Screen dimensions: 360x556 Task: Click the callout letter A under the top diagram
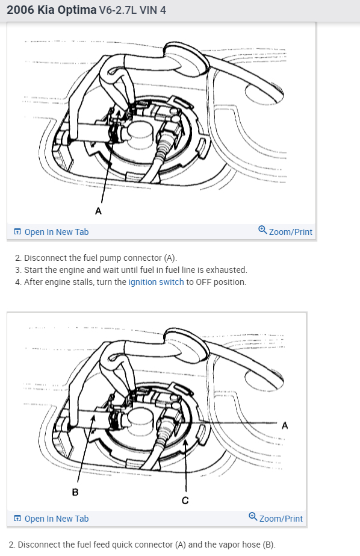point(98,211)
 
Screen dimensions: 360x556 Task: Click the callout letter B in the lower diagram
point(75,492)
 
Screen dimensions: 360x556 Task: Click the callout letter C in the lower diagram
point(185,501)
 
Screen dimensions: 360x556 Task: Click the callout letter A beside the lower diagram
point(285,425)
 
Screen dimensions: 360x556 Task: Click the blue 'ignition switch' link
point(156,282)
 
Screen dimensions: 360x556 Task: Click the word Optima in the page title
point(77,10)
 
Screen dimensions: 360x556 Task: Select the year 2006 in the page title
point(20,10)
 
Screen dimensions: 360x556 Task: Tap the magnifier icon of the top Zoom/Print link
point(262,230)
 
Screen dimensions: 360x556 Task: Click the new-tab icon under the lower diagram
point(17,519)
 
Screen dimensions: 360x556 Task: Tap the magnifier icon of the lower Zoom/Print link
point(253,517)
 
